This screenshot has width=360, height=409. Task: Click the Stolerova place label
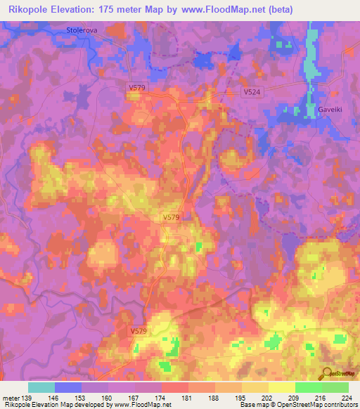point(81,30)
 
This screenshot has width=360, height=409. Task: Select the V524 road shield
point(252,91)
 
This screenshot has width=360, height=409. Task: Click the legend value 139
point(27,398)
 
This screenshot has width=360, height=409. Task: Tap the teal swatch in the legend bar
point(41,387)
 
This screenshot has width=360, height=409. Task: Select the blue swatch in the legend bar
point(68,387)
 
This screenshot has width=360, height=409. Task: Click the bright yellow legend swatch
point(282,387)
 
